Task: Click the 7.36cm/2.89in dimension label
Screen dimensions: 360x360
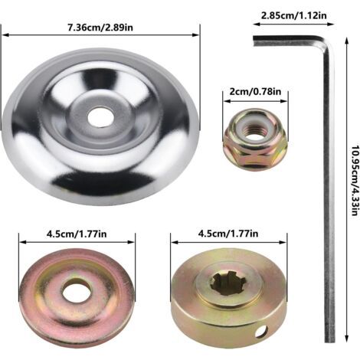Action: point(100,27)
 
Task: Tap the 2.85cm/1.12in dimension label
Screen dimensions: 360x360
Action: point(294,15)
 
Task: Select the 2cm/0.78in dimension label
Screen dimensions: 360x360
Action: point(255,91)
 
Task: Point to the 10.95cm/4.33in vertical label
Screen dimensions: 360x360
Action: point(354,181)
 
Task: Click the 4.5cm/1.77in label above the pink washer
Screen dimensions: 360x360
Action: point(77,234)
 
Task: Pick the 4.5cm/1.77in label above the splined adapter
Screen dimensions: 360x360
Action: point(228,234)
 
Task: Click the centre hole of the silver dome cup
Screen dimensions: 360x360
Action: point(100,117)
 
